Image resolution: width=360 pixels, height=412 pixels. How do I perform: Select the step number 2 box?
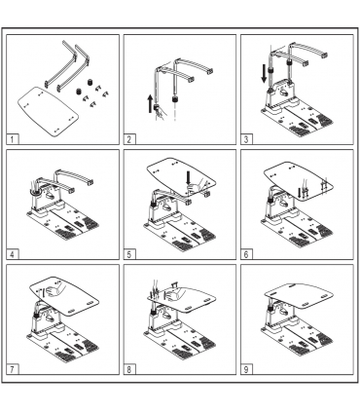(129, 140)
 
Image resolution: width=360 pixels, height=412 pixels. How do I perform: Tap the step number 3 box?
(246, 140)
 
